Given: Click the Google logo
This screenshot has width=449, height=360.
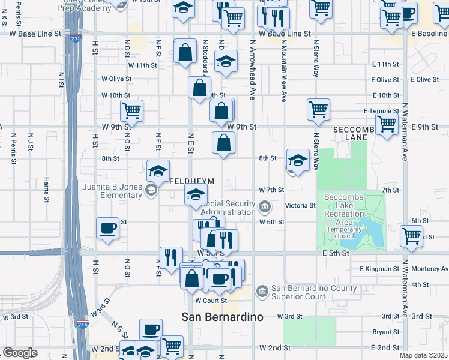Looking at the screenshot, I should [19, 353].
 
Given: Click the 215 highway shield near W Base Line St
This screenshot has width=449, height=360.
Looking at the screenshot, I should [75, 38].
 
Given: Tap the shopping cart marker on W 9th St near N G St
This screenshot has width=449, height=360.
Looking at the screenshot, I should [131, 110].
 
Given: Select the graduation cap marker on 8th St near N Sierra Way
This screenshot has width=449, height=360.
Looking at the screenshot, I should [298, 160].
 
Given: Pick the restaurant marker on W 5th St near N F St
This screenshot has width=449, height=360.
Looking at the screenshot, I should [171, 257].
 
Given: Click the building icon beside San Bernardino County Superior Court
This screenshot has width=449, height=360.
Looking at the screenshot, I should [263, 292].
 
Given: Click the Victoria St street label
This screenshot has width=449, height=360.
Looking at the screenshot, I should [300, 205].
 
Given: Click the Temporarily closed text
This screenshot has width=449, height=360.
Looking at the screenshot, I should [345, 232].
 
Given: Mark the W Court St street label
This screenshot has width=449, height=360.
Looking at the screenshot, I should [211, 301].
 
